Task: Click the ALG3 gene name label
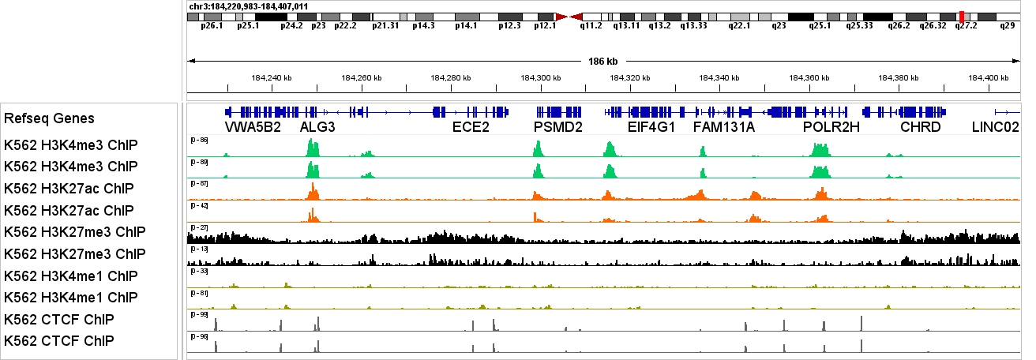[x=317, y=126]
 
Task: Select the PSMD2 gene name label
[x=557, y=126]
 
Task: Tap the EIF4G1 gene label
[x=651, y=126]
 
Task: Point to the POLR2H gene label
[x=831, y=126]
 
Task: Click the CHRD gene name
[x=921, y=126]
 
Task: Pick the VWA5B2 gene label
[x=253, y=126]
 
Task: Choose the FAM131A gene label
[x=724, y=126]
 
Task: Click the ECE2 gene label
[x=471, y=126]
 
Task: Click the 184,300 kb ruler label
[x=541, y=77]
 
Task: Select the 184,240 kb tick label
[x=271, y=77]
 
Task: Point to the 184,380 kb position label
[x=899, y=77]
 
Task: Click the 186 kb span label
[x=603, y=61]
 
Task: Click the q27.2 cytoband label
[x=967, y=25]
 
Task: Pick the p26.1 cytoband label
[x=212, y=25]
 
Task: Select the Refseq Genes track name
[x=49, y=118]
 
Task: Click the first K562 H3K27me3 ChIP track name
[x=74, y=232]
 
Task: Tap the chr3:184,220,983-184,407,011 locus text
[x=249, y=6]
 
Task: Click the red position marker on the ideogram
[x=961, y=17]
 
